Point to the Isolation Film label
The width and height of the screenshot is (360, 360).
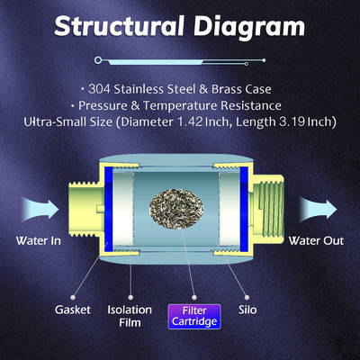[130, 316]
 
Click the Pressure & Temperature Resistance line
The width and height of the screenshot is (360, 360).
[180, 104]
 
